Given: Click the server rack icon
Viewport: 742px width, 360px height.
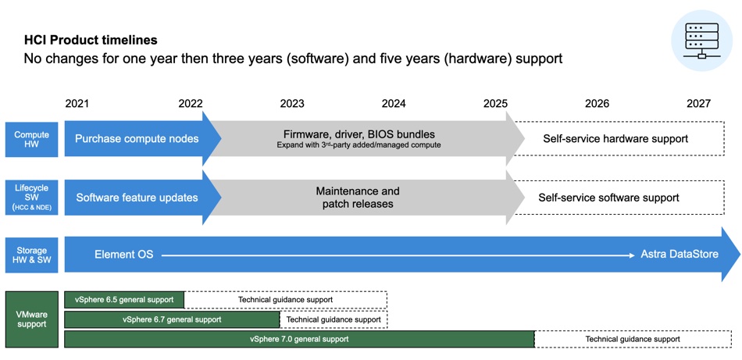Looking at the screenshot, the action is [701, 42].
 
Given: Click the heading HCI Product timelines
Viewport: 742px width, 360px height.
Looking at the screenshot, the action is [91, 40].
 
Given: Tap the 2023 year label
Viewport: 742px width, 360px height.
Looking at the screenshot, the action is [292, 104].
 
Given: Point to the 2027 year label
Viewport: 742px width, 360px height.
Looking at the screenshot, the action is [698, 104].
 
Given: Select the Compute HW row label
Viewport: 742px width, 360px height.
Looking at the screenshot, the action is [32, 140].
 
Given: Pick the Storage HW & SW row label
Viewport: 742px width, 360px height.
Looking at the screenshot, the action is [32, 256].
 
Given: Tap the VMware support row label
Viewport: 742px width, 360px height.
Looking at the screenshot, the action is [32, 319].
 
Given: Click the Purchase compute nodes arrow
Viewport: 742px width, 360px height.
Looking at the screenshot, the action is [142, 138].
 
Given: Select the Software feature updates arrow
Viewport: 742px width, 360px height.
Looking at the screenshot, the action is [142, 198].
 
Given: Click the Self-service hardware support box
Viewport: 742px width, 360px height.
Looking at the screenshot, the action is [619, 138].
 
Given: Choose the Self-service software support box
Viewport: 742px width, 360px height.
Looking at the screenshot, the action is [619, 198].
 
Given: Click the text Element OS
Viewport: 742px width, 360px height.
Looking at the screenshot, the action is [124, 255].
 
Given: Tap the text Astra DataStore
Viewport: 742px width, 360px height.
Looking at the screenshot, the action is [680, 255].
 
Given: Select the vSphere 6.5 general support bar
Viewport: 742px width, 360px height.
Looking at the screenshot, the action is [124, 299].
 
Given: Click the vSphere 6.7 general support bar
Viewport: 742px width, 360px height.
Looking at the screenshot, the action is [172, 319].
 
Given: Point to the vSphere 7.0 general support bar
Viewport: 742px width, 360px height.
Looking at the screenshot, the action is [300, 339].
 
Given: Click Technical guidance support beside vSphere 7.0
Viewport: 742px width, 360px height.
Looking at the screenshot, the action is [633, 339].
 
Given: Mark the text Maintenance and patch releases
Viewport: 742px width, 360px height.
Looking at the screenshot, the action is [358, 198].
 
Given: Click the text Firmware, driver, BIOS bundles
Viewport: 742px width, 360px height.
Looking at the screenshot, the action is [359, 134].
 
